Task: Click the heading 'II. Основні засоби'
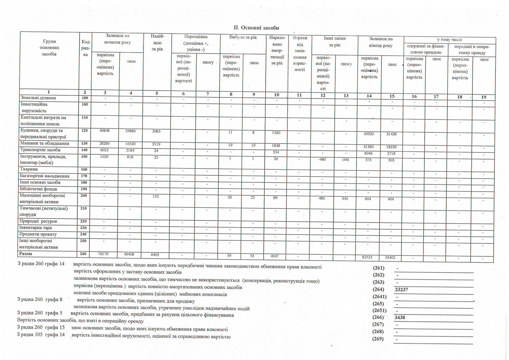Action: pos(256,28)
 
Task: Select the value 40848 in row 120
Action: pos(105,131)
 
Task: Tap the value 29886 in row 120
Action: pos(131,131)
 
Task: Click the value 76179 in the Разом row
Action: pos(104,254)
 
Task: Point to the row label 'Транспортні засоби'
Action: pos(40,150)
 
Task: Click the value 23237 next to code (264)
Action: pos(401,290)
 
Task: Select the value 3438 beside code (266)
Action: pos(400,317)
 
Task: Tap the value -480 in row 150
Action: pos(322,159)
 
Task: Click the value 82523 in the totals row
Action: pos(367,257)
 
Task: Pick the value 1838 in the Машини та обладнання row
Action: pos(276,145)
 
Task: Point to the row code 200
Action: pos(84,195)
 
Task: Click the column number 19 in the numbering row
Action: pos(484,97)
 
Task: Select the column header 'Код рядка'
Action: pos(85,48)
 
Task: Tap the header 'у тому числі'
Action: pos(449,40)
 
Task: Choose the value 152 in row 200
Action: pos(156,196)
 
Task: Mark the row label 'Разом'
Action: pos(26,254)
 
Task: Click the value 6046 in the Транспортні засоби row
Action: pos(368,153)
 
